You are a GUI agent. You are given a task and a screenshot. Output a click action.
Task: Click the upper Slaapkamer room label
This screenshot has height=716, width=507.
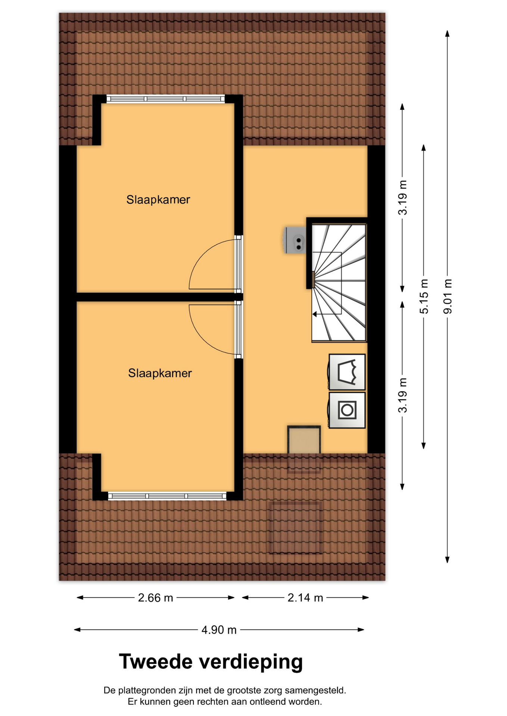158,200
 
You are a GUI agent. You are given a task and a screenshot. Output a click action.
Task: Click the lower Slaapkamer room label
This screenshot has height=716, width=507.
160,373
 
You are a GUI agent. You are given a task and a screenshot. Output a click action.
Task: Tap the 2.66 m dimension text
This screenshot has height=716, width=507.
155,598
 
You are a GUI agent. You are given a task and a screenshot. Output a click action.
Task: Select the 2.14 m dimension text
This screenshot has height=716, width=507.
305,598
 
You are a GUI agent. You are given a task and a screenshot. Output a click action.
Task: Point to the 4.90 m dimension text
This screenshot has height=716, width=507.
219,630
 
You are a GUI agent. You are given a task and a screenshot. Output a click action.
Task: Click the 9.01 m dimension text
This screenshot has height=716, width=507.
448,296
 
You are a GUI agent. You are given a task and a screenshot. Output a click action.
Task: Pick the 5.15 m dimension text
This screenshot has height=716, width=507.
424,296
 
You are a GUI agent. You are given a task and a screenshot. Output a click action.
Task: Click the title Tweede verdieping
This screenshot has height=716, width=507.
211,662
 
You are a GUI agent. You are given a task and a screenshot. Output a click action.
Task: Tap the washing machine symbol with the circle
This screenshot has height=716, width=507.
347,410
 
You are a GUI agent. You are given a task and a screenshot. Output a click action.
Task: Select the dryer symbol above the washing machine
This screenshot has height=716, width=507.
347,372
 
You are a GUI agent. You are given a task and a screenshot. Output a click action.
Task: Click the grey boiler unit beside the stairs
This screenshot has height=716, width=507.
295,240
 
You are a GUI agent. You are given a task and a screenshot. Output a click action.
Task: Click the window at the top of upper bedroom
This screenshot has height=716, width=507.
166,99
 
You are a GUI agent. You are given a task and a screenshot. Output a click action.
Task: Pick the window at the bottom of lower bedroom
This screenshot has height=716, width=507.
167,496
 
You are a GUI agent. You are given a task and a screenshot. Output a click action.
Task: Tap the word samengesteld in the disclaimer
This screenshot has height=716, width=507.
315,691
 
